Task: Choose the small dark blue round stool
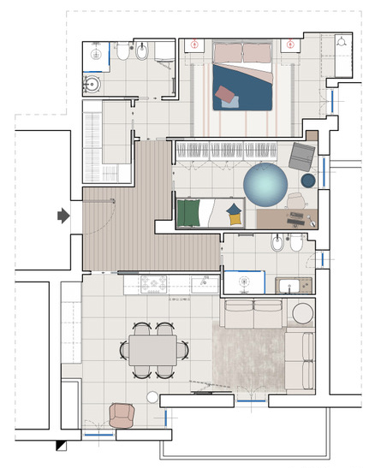tap(308, 180)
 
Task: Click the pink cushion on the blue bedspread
tap(229, 97)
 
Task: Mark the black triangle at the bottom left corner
tap(60, 445)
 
